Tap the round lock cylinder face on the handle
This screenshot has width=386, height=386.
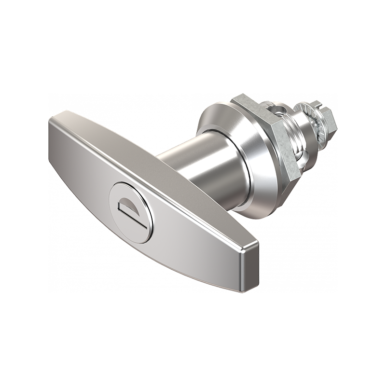[x=131, y=212]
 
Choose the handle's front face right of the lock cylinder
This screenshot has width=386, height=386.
[x=193, y=241]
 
